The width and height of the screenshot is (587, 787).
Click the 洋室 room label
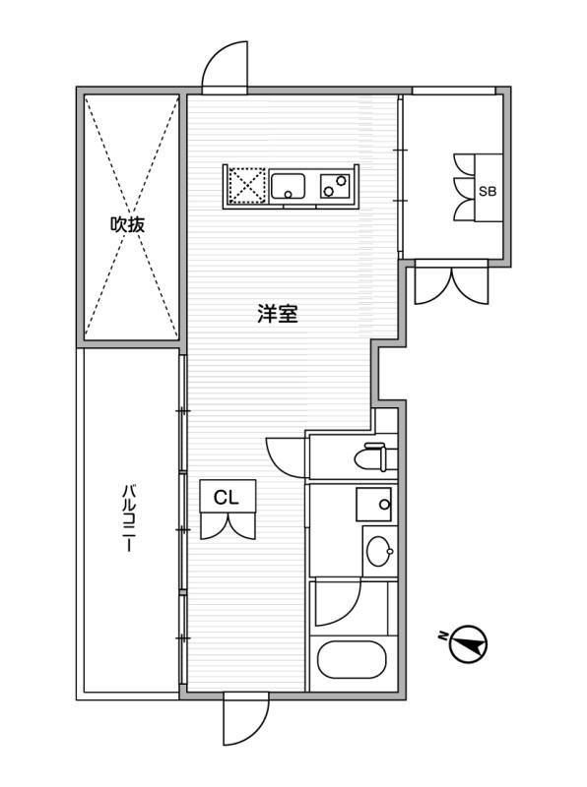pyautogui.click(x=278, y=314)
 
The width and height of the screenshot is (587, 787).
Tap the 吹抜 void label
pyautogui.click(x=128, y=224)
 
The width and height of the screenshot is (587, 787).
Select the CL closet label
pyautogui.click(x=227, y=498)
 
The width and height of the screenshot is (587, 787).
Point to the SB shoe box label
pyautogui.click(x=488, y=191)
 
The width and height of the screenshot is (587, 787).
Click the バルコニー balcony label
pyautogui.click(x=129, y=518)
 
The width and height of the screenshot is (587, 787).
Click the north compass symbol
pyautogui.click(x=469, y=643)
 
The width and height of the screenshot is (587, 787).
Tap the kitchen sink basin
pyautogui.click(x=288, y=186)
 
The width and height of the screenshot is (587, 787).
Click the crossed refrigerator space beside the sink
pyautogui.click(x=247, y=185)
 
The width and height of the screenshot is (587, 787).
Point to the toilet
pyautogui.click(x=371, y=456)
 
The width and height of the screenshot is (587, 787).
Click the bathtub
pyautogui.click(x=352, y=659)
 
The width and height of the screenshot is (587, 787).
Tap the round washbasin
pyautogui.click(x=379, y=552)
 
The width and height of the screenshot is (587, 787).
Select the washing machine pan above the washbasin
pyautogui.click(x=374, y=504)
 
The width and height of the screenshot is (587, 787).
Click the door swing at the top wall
pyautogui.click(x=225, y=67)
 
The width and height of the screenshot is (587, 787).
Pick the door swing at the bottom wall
pyautogui.click(x=246, y=718)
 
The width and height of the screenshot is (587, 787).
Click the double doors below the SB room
pyautogui.click(x=451, y=283)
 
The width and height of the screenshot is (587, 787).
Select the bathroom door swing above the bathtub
pyautogui.click(x=338, y=603)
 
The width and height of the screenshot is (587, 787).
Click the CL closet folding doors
pyautogui.click(x=228, y=525)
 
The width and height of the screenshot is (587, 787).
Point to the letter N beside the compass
pyautogui.click(x=443, y=636)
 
